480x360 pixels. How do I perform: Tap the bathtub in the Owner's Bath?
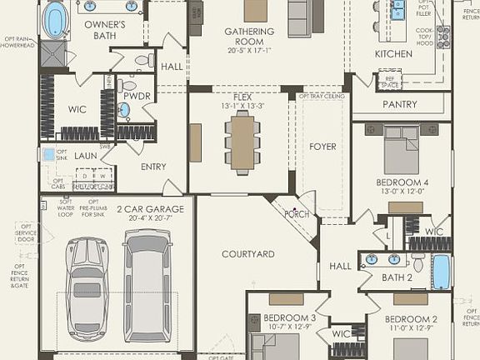(x=57, y=18)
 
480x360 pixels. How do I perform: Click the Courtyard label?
(x=247, y=253)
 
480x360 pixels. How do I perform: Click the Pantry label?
(x=399, y=104)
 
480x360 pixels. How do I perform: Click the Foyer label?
(x=322, y=147)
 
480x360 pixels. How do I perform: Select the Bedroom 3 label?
(x=289, y=317)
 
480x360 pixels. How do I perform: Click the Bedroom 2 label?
(x=409, y=319)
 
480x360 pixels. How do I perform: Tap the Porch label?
(x=297, y=214)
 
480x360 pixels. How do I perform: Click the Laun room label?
(x=86, y=154)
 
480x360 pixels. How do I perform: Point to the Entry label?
(x=152, y=167)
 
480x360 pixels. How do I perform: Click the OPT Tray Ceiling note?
(x=322, y=96)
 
